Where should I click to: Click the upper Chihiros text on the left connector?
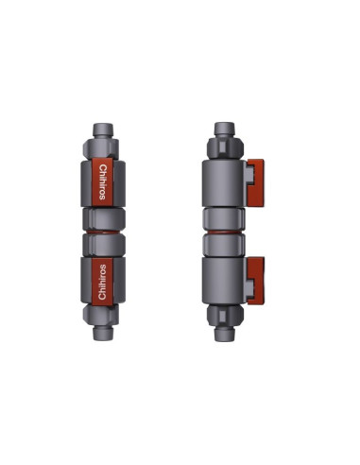(x=102, y=182)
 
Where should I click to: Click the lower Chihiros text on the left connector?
(x=102, y=282)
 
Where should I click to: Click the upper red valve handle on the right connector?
(x=256, y=182)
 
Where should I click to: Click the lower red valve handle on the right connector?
(x=256, y=281)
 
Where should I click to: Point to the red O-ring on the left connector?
(x=103, y=232)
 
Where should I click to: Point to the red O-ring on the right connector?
(x=224, y=232)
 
